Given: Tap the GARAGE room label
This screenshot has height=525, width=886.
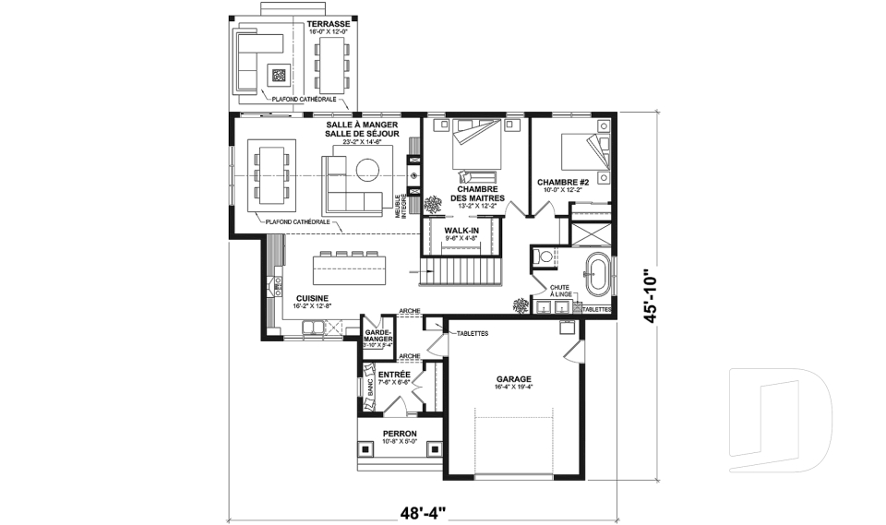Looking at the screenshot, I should [512, 378].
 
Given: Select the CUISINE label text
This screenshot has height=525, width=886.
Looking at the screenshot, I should [314, 298].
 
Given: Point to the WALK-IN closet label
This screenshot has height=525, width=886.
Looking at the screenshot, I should [461, 230].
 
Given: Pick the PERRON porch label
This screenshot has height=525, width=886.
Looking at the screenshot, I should [400, 434].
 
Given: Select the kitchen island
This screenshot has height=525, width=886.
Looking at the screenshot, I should [358, 270].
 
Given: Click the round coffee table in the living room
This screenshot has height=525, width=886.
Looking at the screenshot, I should [368, 168].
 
